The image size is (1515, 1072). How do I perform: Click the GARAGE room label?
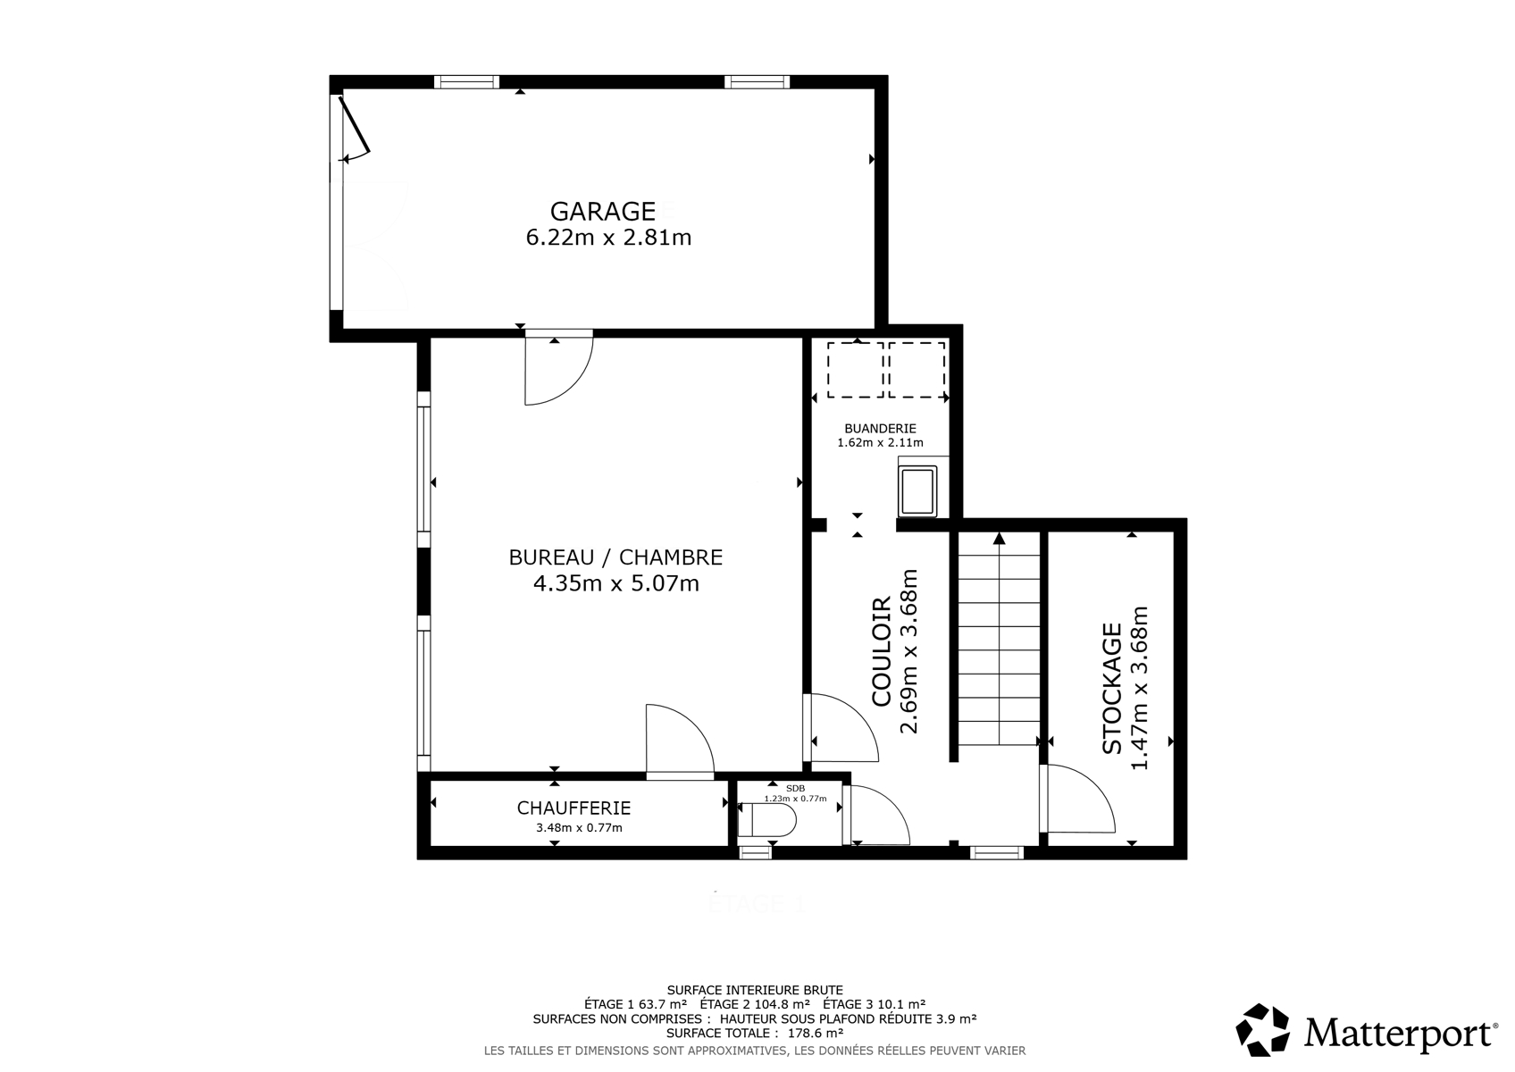[603, 212]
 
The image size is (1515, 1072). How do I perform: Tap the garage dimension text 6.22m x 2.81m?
[608, 238]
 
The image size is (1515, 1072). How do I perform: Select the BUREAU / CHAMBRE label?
[615, 557]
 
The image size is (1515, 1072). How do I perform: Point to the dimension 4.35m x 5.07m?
[616, 583]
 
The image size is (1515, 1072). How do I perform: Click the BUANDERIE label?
[880, 429]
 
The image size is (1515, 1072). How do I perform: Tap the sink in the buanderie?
[917, 490]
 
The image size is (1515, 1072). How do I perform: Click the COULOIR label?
[882, 651]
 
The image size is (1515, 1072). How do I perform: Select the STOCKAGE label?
[1112, 688]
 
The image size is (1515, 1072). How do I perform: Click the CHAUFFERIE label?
[573, 808]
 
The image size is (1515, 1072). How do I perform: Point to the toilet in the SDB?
[766, 820]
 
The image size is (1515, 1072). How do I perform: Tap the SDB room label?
[795, 789]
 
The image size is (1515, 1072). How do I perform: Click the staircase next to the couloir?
[999, 639]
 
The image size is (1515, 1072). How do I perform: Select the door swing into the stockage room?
[1080, 798]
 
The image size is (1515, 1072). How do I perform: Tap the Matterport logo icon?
[1262, 1030]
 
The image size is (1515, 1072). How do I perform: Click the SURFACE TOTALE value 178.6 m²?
[815, 1033]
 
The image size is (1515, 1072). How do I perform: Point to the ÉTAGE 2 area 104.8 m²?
[755, 1004]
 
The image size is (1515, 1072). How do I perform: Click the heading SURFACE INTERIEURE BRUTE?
[755, 990]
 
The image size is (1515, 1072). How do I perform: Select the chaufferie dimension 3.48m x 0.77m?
[579, 828]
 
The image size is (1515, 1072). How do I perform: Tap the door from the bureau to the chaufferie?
[680, 742]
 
